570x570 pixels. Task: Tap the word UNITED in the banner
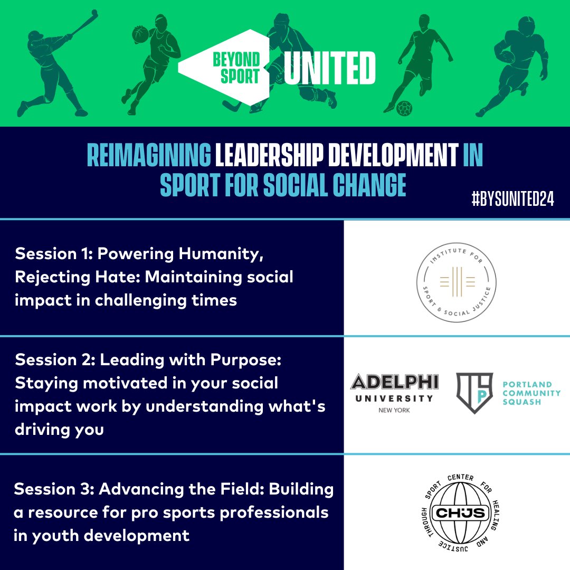329,68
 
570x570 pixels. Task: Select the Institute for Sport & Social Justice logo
457,279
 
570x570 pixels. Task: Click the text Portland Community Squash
531,393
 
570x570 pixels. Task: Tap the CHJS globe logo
456,512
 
